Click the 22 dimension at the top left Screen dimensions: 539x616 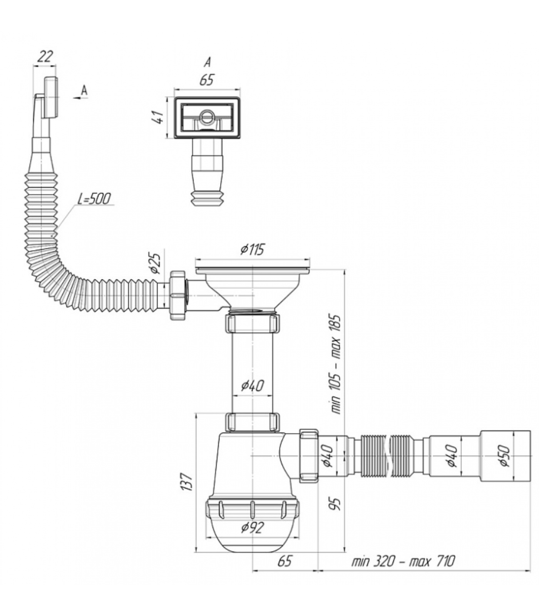(x=45, y=57)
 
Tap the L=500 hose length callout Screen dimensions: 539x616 (x=94, y=199)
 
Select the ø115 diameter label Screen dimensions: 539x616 (x=252, y=249)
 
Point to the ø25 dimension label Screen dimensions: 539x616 (x=155, y=263)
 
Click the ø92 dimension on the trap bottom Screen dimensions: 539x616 (x=253, y=527)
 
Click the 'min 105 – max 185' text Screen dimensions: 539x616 (x=336, y=364)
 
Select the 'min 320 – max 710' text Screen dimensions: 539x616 (x=403, y=561)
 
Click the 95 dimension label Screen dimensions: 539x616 (x=336, y=503)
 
